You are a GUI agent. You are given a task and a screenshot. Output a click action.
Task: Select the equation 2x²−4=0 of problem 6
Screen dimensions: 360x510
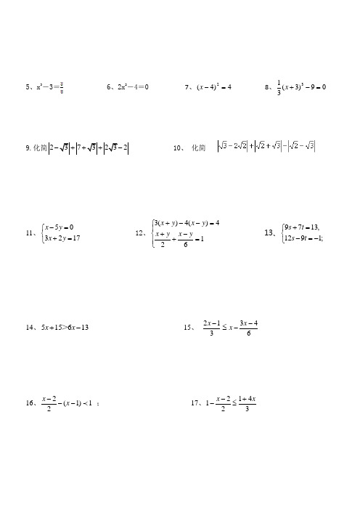coord(131,87)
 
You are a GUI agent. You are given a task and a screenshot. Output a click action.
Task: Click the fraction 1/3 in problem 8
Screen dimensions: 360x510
coord(279,87)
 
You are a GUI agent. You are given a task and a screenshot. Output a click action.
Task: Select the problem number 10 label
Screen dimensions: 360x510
coord(178,148)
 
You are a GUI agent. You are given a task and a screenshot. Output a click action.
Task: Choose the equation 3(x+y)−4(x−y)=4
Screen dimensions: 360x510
coord(187,222)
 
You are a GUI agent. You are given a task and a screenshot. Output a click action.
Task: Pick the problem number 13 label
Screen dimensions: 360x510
coord(271,232)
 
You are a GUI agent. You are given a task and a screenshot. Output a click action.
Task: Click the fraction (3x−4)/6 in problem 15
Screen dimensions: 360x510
coord(247,328)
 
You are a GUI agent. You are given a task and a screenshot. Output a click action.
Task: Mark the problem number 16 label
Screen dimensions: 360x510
coord(30,402)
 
